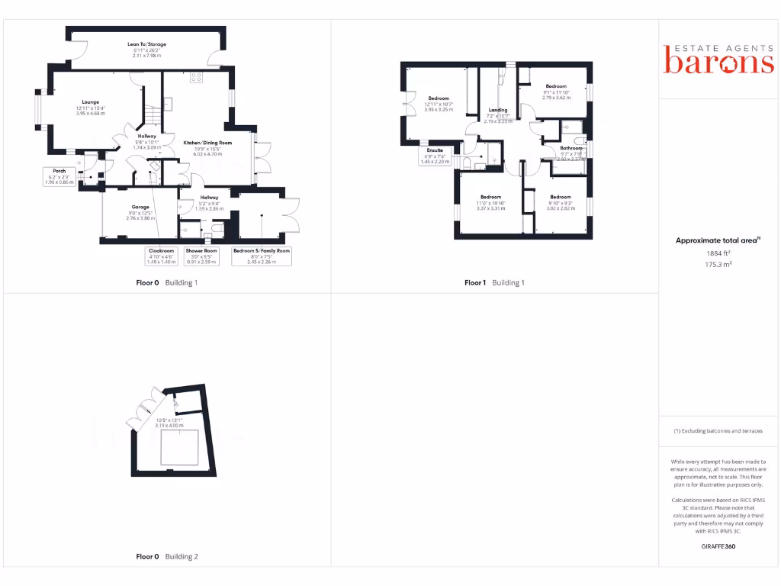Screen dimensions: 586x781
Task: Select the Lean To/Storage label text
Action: pyautogui.click(x=146, y=44)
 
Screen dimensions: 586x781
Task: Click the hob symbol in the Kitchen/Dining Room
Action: pyautogui.click(x=194, y=76)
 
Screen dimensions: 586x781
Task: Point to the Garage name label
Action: pyautogui.click(x=140, y=207)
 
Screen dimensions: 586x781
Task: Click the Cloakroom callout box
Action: pyautogui.click(x=161, y=256)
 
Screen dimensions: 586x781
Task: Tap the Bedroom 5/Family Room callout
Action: pyautogui.click(x=262, y=256)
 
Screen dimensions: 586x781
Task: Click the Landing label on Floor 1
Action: pyautogui.click(x=498, y=110)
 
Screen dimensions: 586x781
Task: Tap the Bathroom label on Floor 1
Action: pyautogui.click(x=570, y=148)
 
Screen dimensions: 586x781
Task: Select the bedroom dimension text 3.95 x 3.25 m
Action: pyautogui.click(x=439, y=109)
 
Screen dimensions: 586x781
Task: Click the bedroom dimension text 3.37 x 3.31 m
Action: pyautogui.click(x=490, y=208)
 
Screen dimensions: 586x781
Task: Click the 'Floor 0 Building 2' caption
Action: pyautogui.click(x=166, y=557)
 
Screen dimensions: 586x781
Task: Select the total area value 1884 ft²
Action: pyautogui.click(x=718, y=253)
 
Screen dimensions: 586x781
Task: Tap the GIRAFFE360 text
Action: pyautogui.click(x=718, y=546)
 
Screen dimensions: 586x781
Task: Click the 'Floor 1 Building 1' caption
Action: pyautogui.click(x=494, y=282)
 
